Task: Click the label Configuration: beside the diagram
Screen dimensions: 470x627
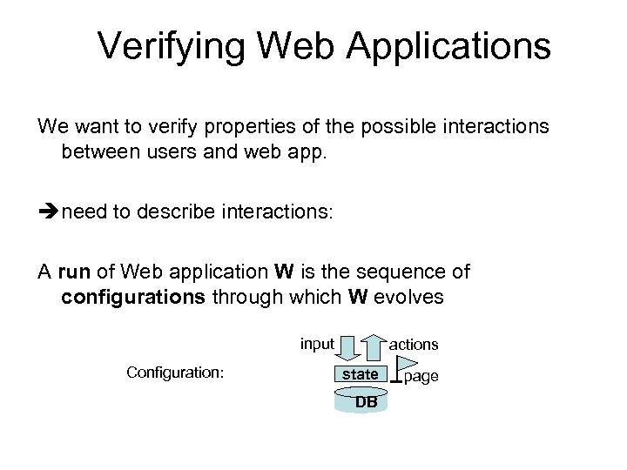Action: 175,373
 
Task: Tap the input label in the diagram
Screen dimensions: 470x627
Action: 317,344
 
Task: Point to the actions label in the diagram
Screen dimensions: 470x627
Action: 414,345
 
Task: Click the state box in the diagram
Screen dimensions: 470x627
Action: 360,375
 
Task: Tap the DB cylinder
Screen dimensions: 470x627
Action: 365,401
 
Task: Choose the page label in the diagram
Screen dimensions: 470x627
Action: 421,377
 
